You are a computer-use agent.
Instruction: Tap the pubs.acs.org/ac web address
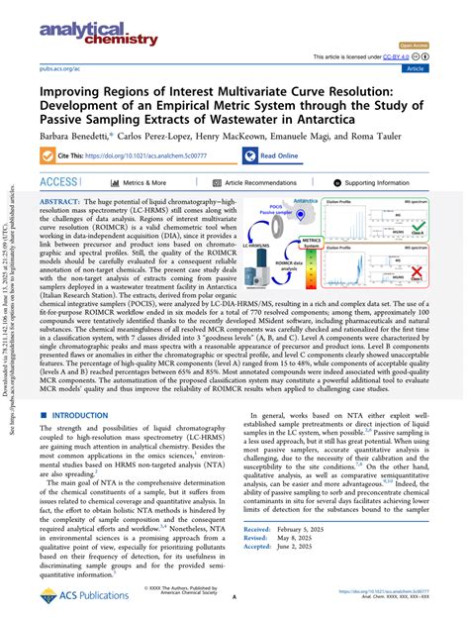pyautogui.click(x=57, y=70)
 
